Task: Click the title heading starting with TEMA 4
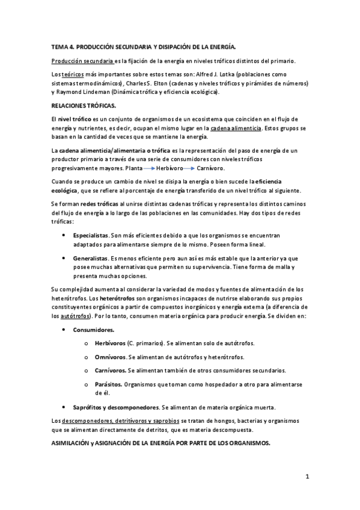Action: click(144, 46)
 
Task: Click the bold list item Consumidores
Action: click(93, 330)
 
